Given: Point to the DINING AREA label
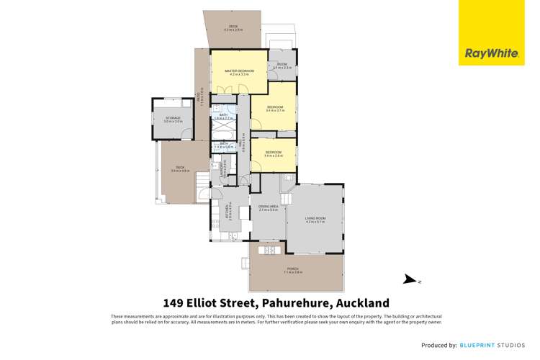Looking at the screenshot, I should click(268, 207).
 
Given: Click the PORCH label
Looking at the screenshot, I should click(297, 269).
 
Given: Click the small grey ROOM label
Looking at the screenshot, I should click(282, 64).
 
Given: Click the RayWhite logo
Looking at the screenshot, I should click(483, 52).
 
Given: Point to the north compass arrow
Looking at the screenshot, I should click(409, 280).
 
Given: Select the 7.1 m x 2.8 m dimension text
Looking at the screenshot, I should click(297, 272).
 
